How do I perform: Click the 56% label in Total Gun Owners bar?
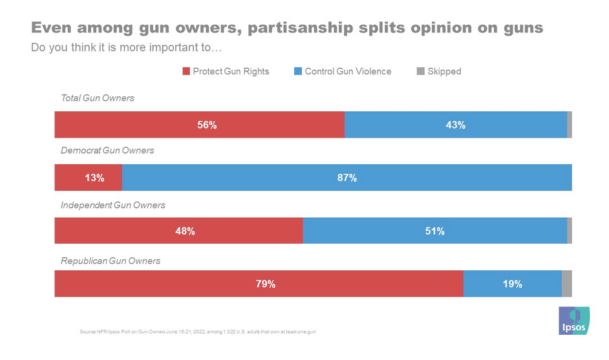[207, 125]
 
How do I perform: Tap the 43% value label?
[456, 125]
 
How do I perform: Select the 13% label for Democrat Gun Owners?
[94, 178]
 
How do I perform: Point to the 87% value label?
[347, 178]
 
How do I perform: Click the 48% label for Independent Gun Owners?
[185, 231]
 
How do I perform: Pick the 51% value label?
[434, 231]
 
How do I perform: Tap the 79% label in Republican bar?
[266, 284]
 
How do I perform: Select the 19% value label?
[513, 284]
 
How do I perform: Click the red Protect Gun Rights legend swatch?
[186, 72]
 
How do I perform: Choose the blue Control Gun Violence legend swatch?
[298, 72]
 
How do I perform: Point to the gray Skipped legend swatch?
[420, 72]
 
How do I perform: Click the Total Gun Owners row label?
[97, 98]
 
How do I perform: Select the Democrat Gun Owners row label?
[107, 151]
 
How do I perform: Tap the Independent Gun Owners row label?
[112, 205]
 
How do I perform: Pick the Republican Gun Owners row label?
[111, 261]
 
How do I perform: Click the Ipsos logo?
[574, 320]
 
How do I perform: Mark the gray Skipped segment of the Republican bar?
[566, 284]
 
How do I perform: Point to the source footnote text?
[197, 332]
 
